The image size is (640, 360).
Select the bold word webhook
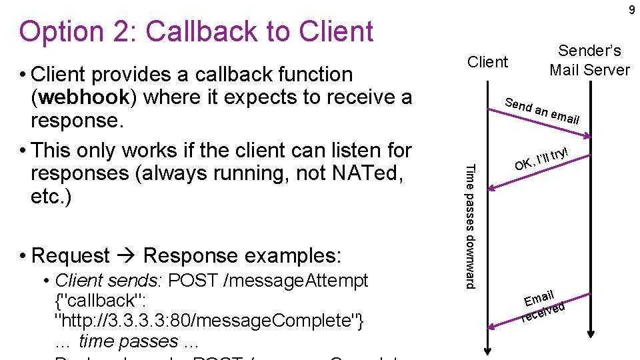[83, 97]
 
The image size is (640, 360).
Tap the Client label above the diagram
[487, 62]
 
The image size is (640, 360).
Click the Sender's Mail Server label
[589, 60]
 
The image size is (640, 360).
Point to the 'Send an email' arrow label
[542, 111]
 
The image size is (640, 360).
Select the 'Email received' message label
[543, 303]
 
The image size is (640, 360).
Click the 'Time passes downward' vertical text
[470, 226]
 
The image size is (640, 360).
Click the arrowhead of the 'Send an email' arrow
[587, 137]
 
